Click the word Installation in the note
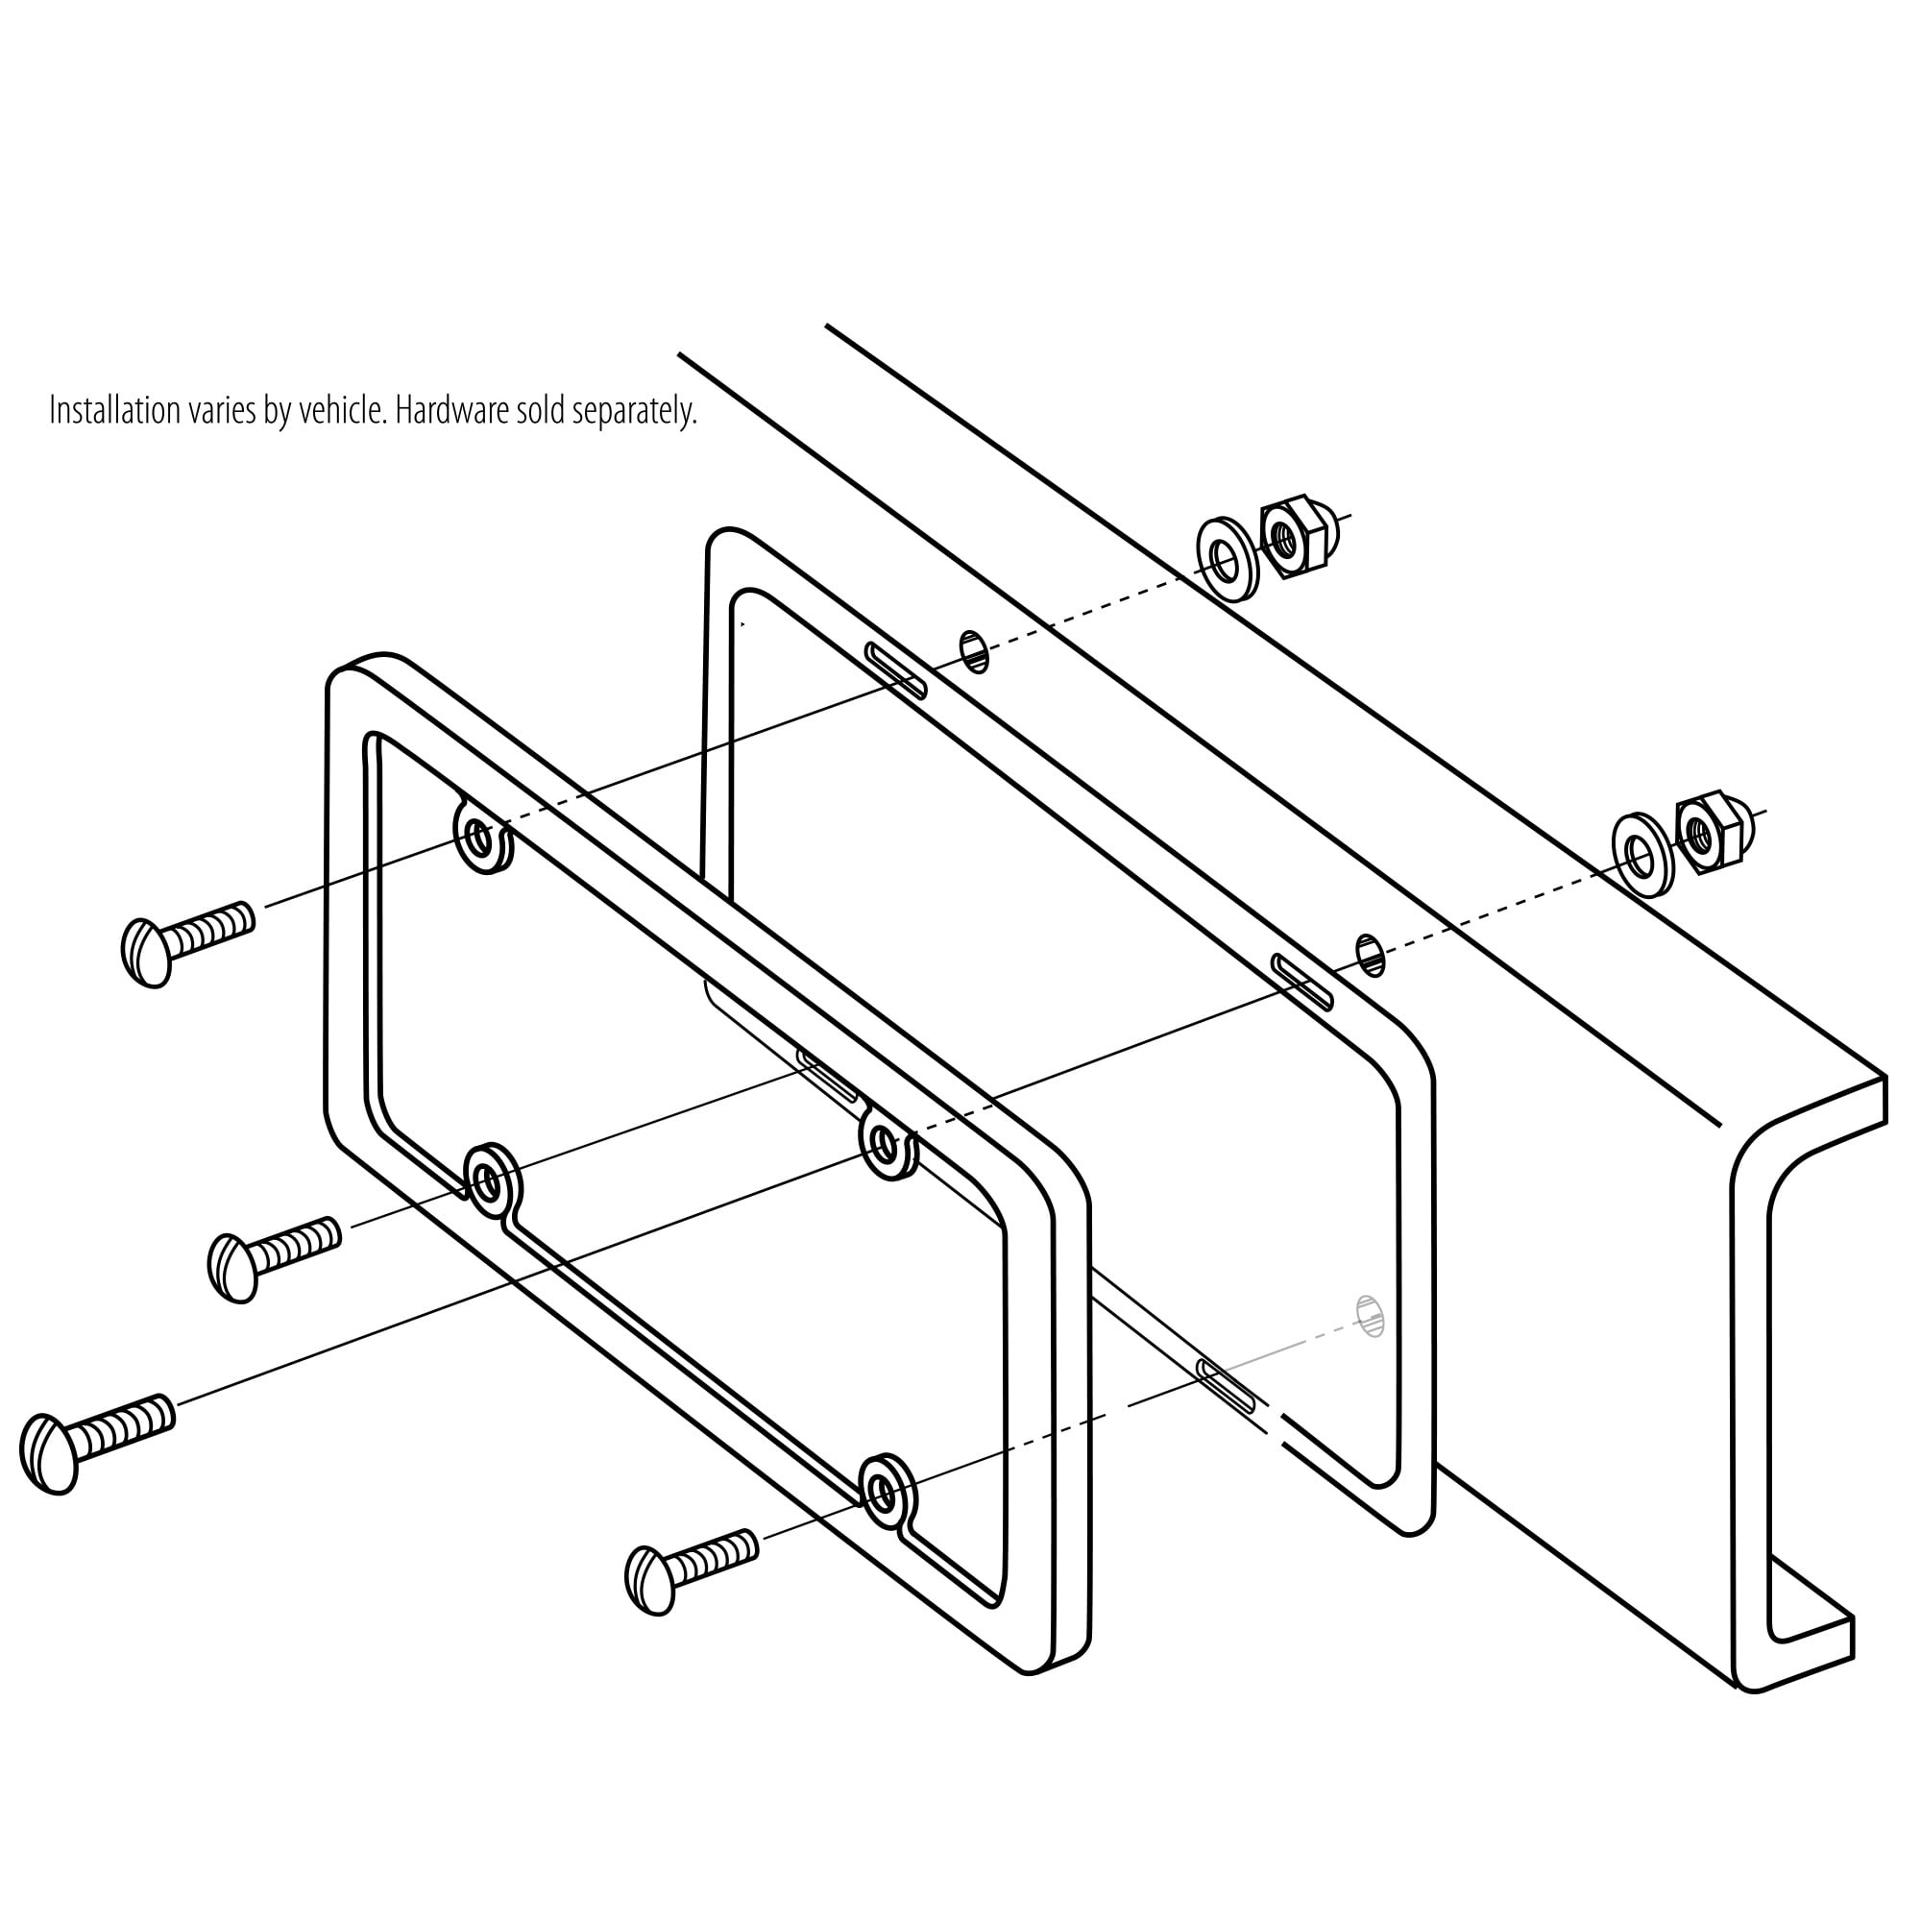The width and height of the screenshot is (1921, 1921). [115, 410]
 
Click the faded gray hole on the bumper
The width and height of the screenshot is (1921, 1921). [1371, 1317]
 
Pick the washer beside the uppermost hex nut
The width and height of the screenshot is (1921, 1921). [1226, 559]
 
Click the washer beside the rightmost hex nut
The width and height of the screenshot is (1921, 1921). [1642, 854]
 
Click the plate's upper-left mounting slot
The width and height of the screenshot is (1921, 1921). [896, 671]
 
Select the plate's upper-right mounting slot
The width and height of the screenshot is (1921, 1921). [1302, 983]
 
